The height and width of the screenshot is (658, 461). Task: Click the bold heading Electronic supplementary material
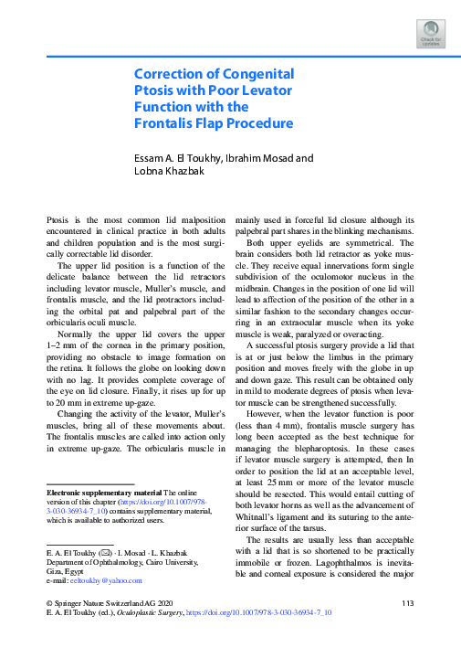point(98,493)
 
